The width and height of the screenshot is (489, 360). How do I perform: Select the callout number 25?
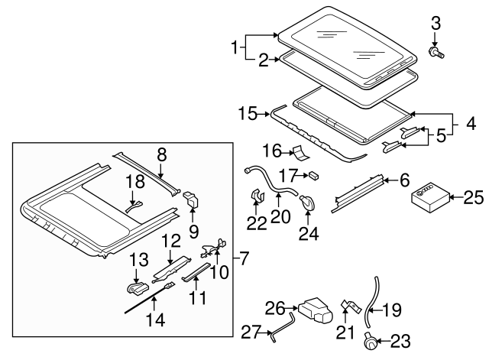pyautogui.click(x=474, y=199)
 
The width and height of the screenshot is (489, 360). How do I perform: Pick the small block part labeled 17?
pyautogui.click(x=313, y=175)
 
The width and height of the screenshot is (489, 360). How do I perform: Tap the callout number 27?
pyautogui.click(x=250, y=332)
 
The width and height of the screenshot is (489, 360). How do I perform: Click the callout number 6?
pyautogui.click(x=405, y=180)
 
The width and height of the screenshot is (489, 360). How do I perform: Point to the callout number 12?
pyautogui.click(x=170, y=240)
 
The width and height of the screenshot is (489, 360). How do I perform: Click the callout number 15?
pyautogui.click(x=247, y=113)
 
